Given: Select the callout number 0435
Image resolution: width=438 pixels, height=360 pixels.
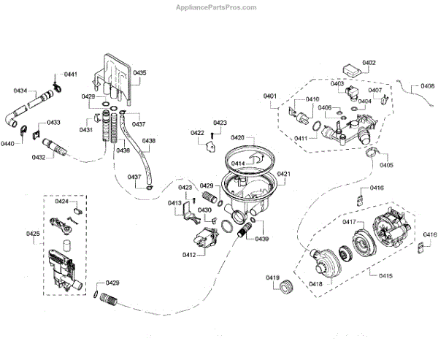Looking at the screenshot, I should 139,73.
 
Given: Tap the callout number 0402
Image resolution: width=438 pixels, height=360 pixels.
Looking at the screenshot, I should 369,63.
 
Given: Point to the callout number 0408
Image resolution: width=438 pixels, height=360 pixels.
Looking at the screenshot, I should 429,86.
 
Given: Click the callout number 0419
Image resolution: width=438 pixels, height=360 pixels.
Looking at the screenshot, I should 272,277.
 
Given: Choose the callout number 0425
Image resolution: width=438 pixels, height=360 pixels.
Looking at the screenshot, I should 34,234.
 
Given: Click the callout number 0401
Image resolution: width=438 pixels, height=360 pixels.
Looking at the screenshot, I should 270,96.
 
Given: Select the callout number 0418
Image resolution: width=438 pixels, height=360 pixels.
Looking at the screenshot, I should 316,283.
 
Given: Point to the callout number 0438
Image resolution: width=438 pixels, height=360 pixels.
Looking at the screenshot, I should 148,140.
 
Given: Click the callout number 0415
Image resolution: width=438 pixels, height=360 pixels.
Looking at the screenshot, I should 383,275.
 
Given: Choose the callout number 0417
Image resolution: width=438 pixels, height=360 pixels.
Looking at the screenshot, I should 349,221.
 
